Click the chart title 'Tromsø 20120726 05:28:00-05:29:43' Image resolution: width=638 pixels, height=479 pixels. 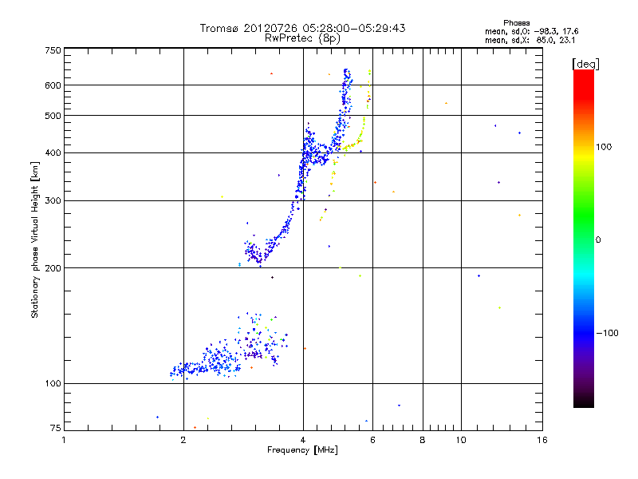coord(302,28)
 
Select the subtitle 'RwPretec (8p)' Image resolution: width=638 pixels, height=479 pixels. coord(302,38)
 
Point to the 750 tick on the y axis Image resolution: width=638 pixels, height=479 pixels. coord(53,51)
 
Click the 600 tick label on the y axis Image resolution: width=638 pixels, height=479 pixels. coord(53,85)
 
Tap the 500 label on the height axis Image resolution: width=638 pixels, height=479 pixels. coord(53,116)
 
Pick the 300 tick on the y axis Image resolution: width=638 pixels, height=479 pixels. coord(53,200)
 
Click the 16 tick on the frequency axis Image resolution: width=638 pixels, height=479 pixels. coord(542,439)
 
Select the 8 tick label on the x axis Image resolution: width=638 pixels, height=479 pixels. coord(423,439)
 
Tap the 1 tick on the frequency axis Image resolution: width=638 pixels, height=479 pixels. coord(65,439)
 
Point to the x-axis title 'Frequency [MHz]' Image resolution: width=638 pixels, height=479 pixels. coord(302,450)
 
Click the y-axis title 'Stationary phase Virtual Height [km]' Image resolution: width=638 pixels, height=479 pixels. coord(35,239)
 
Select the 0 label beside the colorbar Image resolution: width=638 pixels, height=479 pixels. coord(600,239)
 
